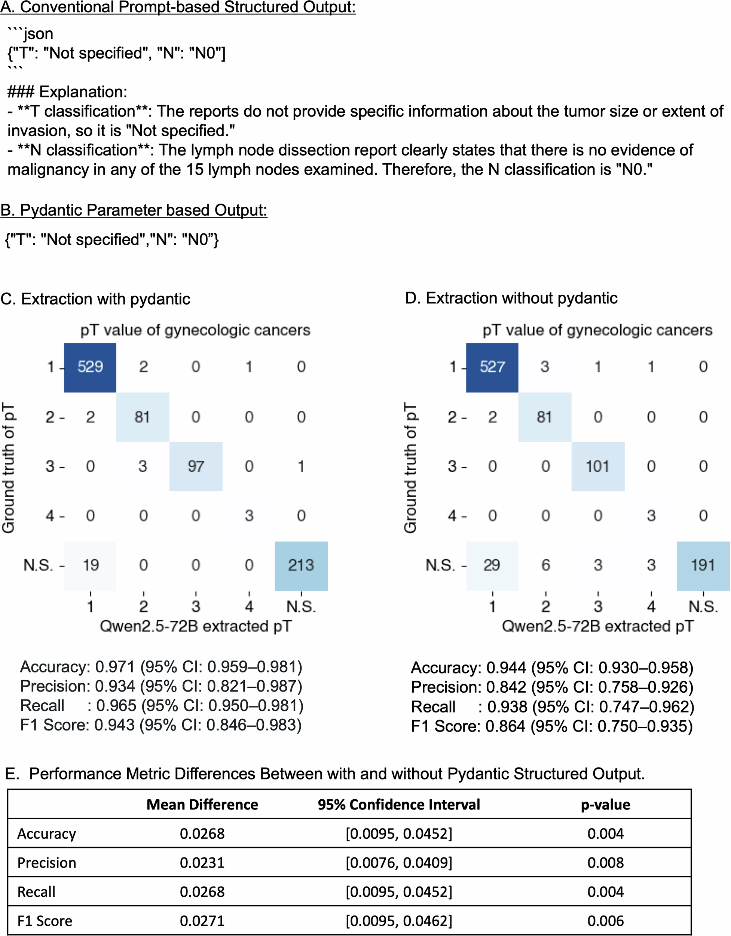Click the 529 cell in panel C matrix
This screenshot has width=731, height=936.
coord(90,367)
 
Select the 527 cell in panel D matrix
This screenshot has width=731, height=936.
coord(492,367)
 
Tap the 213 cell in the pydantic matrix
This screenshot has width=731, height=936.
coord(301,565)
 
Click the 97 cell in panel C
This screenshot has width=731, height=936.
coord(196,466)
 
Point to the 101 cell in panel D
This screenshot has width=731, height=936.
coord(597,466)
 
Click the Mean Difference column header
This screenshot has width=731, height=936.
coord(202,805)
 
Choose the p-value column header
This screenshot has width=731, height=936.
coord(605,805)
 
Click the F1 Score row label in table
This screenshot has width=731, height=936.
coord(45,921)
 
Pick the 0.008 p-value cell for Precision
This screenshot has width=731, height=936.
coord(605,862)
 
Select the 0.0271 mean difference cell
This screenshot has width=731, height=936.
coord(202,921)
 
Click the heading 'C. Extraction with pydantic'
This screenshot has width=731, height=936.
coord(95,299)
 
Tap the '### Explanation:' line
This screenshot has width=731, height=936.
coord(67,92)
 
